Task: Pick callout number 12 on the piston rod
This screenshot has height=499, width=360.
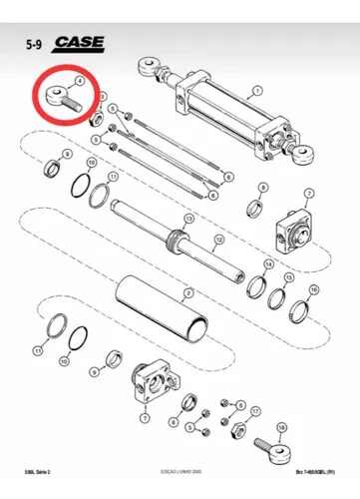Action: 188,218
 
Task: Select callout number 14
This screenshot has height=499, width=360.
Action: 268,263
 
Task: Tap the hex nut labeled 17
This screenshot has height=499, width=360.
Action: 239,428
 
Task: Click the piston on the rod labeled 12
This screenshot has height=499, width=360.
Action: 180,240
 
